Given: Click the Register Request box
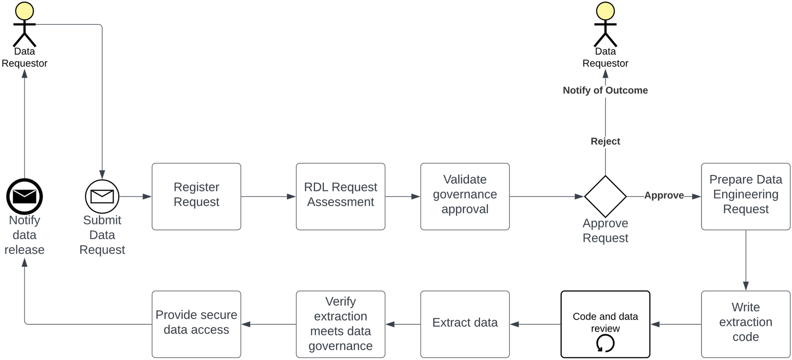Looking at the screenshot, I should point(196,196).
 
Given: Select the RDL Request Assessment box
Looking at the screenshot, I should point(340,196).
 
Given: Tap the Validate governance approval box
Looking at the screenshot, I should point(465,196).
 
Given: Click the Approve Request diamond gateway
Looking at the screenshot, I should point(605,196).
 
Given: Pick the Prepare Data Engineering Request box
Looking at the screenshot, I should point(745,196).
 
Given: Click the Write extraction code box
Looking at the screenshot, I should point(745,324).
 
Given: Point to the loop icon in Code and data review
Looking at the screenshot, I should point(605,344).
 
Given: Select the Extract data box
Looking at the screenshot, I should point(465,324).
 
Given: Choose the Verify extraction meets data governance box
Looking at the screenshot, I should point(340,324).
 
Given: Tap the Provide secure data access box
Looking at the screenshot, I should point(196,324).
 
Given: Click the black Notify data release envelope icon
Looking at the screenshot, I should point(24,196).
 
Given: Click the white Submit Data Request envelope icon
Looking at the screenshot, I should point(102,196).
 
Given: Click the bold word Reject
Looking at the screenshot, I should point(605,141).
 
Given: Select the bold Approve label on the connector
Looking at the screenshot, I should point(664,195).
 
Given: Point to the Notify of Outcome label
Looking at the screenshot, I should point(605,90).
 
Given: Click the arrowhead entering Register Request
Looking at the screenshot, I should point(147,197).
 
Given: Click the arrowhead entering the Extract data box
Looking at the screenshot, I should point(515,324).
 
